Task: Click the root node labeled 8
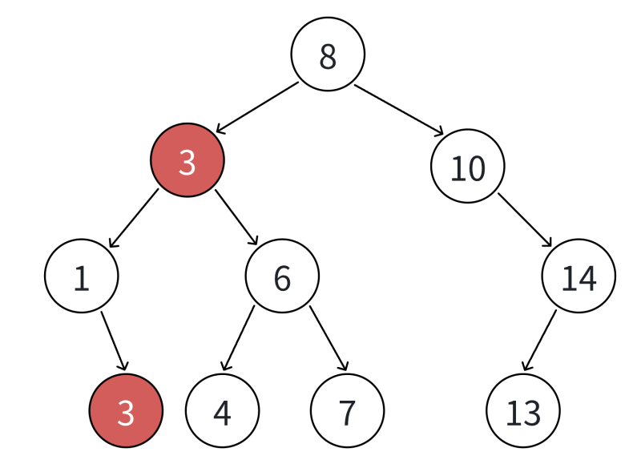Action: coord(328,54)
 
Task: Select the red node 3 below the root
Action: coord(187,160)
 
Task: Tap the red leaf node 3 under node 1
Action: coord(126,410)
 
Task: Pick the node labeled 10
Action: coord(467,166)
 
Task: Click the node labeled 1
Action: coord(82,276)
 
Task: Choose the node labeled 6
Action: coord(282,276)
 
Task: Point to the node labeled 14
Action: coord(579,276)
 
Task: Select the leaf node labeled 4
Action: coord(223,410)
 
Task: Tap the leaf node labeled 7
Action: coord(347,410)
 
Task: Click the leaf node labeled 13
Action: coord(523,410)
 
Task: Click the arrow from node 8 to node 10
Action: coord(399,110)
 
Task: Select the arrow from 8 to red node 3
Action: coord(257,107)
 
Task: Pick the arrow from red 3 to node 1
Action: coord(134,218)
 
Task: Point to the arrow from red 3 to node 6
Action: coord(236,217)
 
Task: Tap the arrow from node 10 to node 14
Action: coord(525,220)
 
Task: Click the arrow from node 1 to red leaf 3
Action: coord(115,341)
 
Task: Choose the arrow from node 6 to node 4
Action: coord(238,338)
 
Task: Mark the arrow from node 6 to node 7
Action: coord(329,338)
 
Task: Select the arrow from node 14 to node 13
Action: coord(539,341)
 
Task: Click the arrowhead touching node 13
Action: coord(526,366)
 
